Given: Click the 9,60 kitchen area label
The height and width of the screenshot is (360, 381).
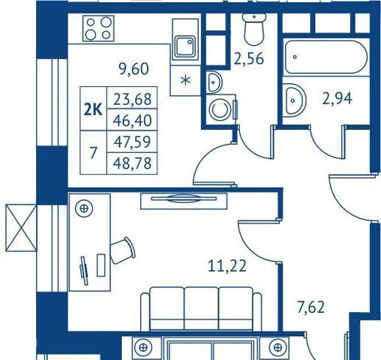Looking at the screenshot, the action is coord(133,69).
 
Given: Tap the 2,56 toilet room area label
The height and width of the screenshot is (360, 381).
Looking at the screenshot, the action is coord(249,59).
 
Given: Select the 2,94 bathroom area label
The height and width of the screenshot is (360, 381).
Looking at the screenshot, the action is coord(337,98).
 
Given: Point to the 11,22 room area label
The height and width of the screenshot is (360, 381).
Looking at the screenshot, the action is coord(227,266).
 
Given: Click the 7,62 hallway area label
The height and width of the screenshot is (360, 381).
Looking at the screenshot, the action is coord(310,307).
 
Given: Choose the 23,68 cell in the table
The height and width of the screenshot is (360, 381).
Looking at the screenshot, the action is coord(132,98).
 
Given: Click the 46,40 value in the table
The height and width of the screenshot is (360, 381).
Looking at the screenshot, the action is coord(132,120).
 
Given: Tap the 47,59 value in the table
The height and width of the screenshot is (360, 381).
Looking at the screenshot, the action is coord(132,142).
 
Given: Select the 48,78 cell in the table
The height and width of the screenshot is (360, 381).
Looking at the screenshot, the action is coord(132,163).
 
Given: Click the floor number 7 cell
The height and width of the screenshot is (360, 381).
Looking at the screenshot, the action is coord(93,152).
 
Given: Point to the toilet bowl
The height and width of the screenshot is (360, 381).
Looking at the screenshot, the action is coord(254,29).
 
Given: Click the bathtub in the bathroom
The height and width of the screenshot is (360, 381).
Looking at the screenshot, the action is coord(326,57).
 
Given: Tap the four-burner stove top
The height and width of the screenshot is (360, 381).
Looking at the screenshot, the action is coord(98,28).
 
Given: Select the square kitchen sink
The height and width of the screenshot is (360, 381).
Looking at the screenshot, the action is coord(184,46).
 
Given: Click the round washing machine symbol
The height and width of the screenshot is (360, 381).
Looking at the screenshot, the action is coord(220,109).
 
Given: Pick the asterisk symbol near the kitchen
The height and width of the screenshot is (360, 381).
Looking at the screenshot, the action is coord(185,81).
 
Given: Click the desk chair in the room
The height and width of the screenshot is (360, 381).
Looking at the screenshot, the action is coord(123,250).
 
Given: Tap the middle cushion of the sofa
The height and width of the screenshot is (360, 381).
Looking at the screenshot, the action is coord(201,308).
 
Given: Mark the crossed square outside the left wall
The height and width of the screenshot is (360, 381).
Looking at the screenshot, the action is coord(21,227).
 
